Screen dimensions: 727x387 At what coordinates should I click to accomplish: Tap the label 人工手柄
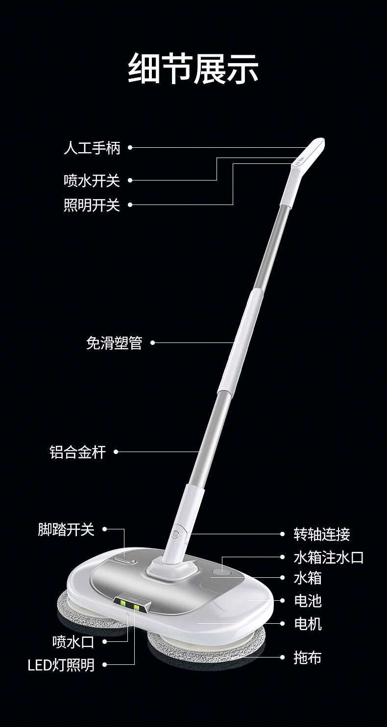click(92, 147)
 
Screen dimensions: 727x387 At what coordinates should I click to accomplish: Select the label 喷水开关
click(92, 181)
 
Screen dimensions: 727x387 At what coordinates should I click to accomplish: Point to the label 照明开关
click(92, 205)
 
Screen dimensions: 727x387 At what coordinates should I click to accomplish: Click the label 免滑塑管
click(114, 343)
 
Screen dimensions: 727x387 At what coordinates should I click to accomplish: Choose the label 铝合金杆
click(77, 452)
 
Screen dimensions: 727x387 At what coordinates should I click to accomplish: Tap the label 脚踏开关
click(66, 529)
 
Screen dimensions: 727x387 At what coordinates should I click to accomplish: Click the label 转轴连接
click(322, 534)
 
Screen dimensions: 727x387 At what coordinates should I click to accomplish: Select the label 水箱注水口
click(329, 557)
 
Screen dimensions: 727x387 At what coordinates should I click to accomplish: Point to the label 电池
click(308, 601)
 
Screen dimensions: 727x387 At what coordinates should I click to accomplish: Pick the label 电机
click(308, 624)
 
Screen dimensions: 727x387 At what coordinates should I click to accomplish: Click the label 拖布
click(308, 658)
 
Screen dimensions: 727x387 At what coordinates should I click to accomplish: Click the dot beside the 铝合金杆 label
click(116, 452)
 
